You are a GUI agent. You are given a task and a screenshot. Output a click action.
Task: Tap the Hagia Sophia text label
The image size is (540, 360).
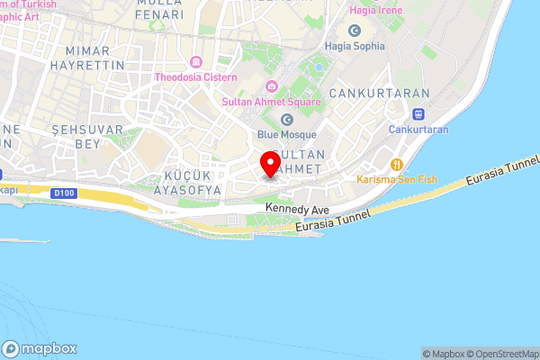355,45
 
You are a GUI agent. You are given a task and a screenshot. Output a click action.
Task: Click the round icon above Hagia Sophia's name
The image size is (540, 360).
355,31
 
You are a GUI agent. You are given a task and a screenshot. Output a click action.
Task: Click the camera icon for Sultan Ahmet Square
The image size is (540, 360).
270,86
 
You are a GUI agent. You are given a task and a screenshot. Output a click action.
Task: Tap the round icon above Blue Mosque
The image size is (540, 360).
287,119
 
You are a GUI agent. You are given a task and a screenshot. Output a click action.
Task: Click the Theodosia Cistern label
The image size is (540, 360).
196,77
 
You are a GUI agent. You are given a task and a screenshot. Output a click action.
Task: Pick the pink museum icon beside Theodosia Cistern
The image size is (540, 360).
196,62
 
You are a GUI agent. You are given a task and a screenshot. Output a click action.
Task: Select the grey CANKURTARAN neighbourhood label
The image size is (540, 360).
370,93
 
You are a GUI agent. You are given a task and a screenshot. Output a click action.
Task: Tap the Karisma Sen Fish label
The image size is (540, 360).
397,179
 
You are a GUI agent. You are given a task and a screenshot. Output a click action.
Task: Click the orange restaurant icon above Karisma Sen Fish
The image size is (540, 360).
396,164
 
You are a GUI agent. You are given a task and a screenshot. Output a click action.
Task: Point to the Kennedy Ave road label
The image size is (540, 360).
297,208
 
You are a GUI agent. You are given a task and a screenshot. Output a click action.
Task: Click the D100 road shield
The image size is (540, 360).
64,192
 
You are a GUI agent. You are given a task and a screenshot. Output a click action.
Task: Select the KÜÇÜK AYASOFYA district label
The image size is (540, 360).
188,183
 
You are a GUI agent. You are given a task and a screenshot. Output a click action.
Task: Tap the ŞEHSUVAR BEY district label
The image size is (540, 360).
86,137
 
